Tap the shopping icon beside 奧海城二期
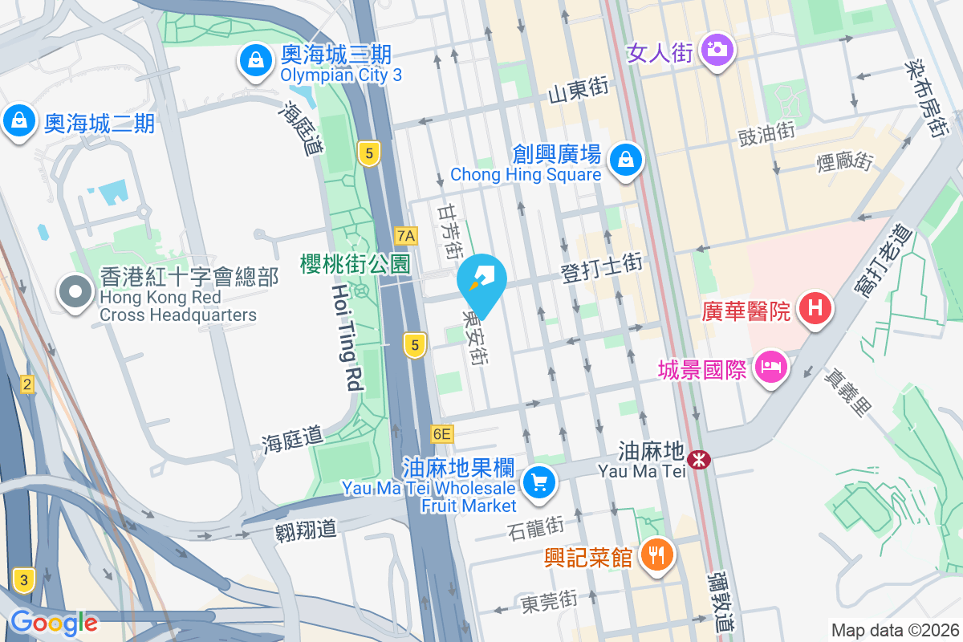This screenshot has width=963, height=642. click(18, 122)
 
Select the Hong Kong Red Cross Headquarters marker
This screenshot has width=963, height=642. click(76, 294)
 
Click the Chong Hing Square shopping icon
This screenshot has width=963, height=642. click(625, 160)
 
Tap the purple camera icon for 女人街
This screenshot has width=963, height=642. click(717, 49)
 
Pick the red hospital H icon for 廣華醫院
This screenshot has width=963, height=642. click(815, 307)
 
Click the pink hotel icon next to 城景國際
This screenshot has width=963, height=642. click(770, 368)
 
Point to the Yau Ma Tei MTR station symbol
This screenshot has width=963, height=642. click(700, 459)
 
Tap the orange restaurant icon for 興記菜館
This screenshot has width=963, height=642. click(657, 555)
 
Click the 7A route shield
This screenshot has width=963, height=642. click(407, 235)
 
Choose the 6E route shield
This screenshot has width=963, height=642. click(442, 434)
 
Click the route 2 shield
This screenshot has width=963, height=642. click(27, 384)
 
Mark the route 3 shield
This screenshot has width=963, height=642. click(25, 579)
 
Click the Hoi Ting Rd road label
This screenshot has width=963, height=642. click(345, 337)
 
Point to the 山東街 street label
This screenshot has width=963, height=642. click(578, 92)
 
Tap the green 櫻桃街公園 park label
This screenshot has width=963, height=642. click(356, 263)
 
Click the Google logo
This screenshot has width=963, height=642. click(54, 622)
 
